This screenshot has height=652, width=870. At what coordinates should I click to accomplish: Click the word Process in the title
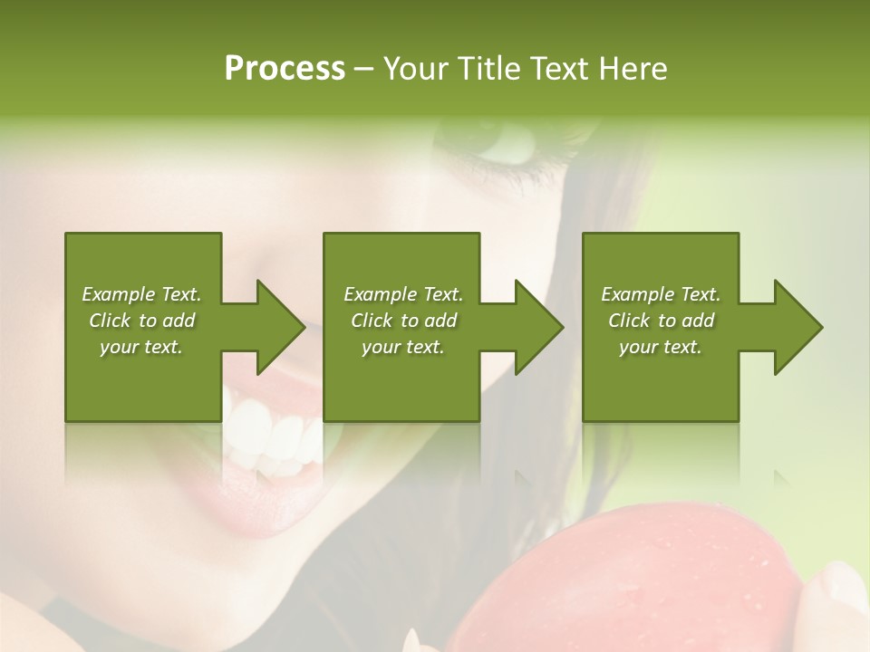[x=285, y=68]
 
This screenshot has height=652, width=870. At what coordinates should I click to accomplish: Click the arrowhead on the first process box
[x=281, y=327]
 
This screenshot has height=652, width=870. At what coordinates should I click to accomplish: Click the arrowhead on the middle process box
[x=539, y=327]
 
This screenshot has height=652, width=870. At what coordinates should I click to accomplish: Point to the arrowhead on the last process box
[x=798, y=327]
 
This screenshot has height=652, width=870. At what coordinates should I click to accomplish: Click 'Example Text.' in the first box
[x=141, y=294]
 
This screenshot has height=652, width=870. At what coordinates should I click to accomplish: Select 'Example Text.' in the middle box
[x=403, y=294]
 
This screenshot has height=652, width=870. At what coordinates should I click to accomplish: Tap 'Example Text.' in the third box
[x=661, y=294]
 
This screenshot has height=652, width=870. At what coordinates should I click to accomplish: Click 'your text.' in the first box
[x=141, y=347]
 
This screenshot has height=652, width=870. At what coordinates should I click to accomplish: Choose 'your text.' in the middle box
[x=403, y=347]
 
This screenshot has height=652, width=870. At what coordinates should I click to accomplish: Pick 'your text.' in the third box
[x=661, y=347]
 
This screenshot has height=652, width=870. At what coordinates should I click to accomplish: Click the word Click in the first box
[x=111, y=321]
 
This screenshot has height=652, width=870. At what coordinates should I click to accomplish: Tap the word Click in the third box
[x=630, y=321]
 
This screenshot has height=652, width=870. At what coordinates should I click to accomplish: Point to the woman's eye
[x=507, y=145]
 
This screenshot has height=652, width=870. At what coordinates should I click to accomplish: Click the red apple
[x=634, y=580]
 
